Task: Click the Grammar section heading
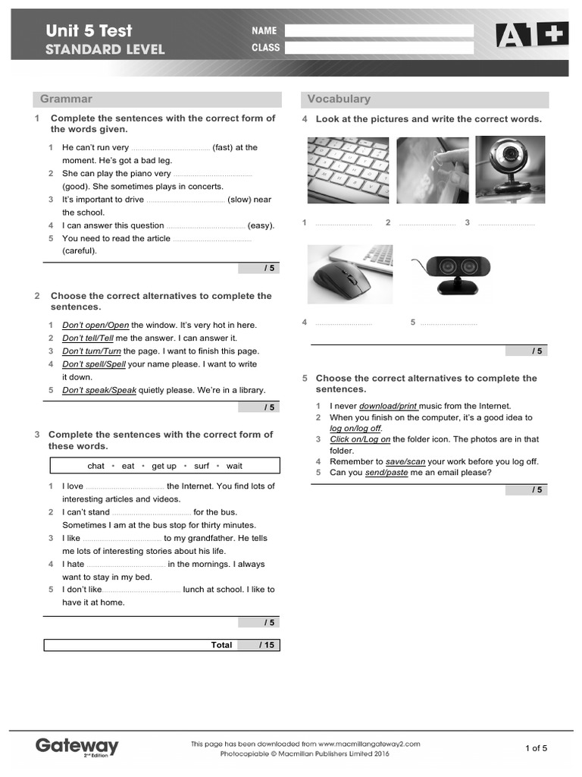66,99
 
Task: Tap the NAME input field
378,31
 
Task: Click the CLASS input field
378,48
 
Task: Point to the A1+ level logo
521,35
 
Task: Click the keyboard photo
348,170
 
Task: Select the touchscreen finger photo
432,170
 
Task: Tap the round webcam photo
509,170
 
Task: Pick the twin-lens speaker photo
452,271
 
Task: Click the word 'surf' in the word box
202,466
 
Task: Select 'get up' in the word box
164,466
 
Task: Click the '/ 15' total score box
258,645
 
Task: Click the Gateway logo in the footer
77,747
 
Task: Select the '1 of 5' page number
536,748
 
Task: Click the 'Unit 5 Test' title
89,31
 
